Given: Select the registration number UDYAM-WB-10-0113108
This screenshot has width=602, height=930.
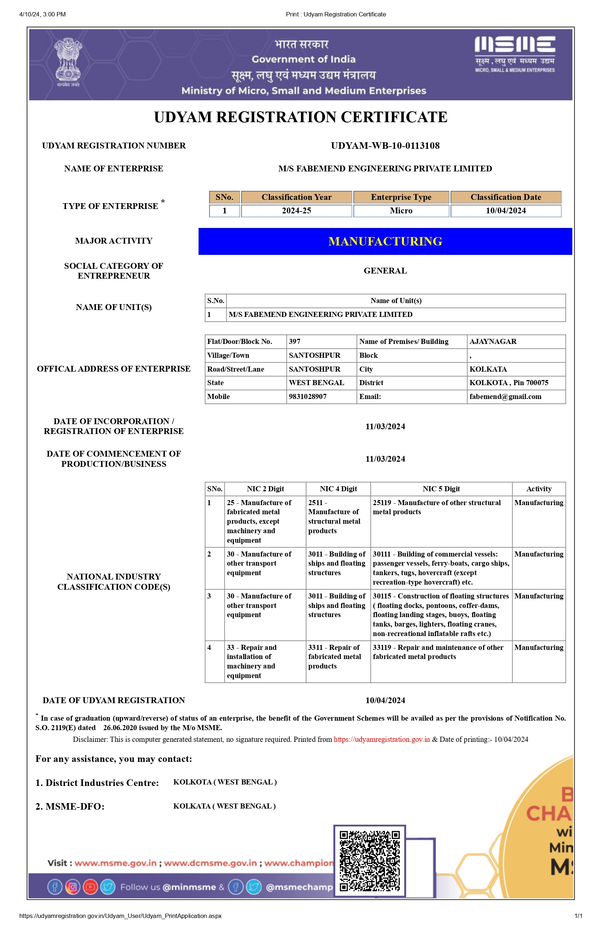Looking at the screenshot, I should (x=385, y=146).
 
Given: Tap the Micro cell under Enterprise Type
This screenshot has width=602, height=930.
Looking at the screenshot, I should (x=401, y=211).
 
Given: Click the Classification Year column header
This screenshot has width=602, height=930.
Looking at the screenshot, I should (x=296, y=197).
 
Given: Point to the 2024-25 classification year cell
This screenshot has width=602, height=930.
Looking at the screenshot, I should (x=296, y=211).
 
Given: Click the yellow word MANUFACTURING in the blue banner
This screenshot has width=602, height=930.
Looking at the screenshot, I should (x=385, y=241).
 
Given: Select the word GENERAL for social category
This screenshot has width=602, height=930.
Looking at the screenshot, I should (x=385, y=271).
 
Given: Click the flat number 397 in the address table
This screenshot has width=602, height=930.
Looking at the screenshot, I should (x=295, y=341).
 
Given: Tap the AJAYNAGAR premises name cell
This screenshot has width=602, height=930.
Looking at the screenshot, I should (x=493, y=341).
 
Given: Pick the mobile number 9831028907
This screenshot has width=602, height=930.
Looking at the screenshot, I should (x=308, y=397).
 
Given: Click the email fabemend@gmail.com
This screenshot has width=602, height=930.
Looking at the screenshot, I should (x=505, y=397).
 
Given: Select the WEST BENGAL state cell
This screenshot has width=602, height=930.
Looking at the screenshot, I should (x=316, y=383).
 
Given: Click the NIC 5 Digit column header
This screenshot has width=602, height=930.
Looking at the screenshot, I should (x=441, y=489).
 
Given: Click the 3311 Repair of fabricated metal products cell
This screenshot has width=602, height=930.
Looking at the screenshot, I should (x=335, y=656).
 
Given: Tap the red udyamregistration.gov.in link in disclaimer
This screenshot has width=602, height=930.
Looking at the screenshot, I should (x=382, y=739).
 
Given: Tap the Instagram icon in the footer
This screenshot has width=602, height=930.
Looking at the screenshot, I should (x=72, y=887).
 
